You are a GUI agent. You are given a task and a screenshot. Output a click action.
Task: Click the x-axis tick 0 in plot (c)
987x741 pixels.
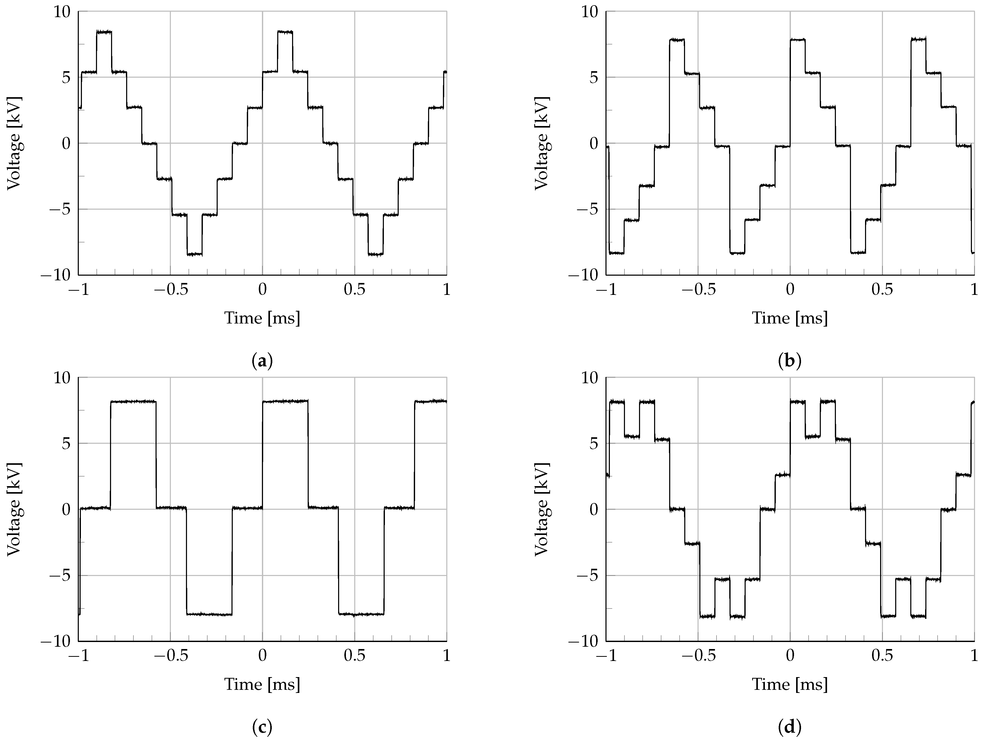[262, 656]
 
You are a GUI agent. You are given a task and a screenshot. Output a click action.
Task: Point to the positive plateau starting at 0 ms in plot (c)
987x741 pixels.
[285, 401]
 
